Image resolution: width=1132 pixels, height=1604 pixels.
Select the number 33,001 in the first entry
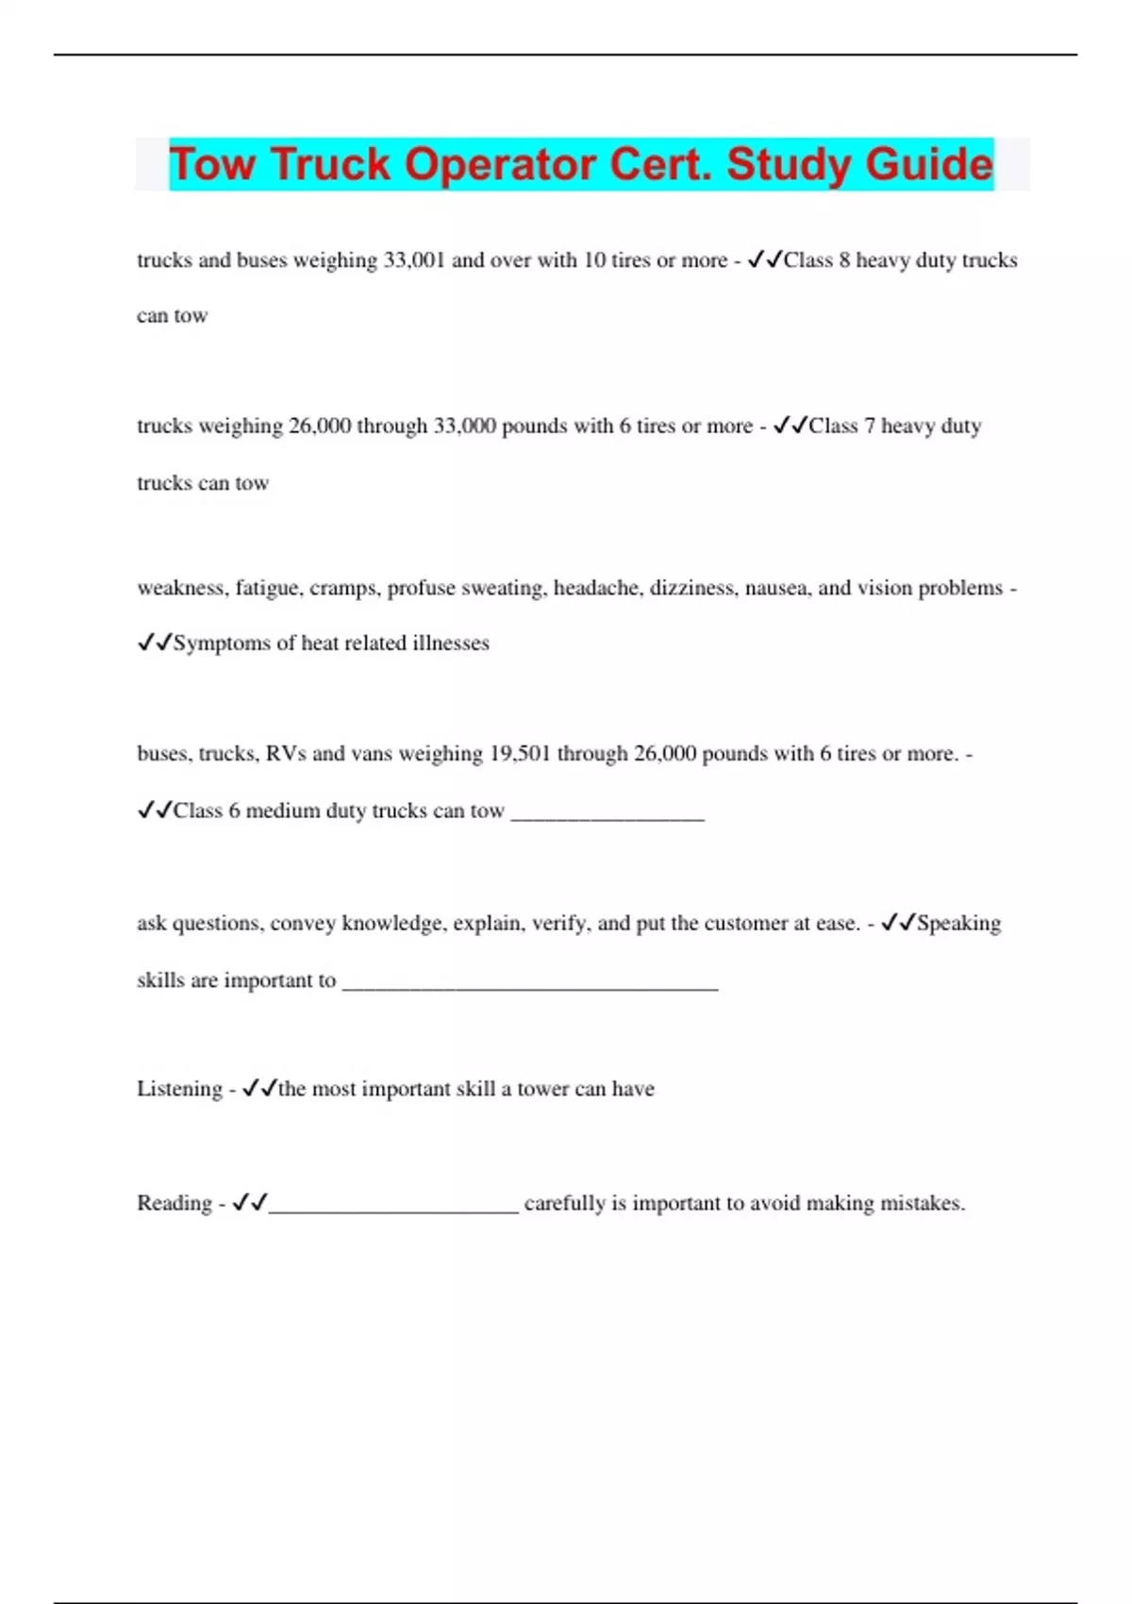point(413,260)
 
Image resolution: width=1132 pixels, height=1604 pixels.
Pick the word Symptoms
point(223,643)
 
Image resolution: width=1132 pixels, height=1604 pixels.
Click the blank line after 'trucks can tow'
point(608,813)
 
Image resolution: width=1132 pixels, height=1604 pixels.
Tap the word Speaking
point(958,923)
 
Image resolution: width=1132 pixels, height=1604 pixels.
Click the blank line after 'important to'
point(529,983)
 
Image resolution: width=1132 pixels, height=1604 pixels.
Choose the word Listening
point(179,1089)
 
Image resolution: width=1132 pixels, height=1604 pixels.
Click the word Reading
point(175,1203)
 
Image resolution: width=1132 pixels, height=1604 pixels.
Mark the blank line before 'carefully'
point(393,1207)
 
